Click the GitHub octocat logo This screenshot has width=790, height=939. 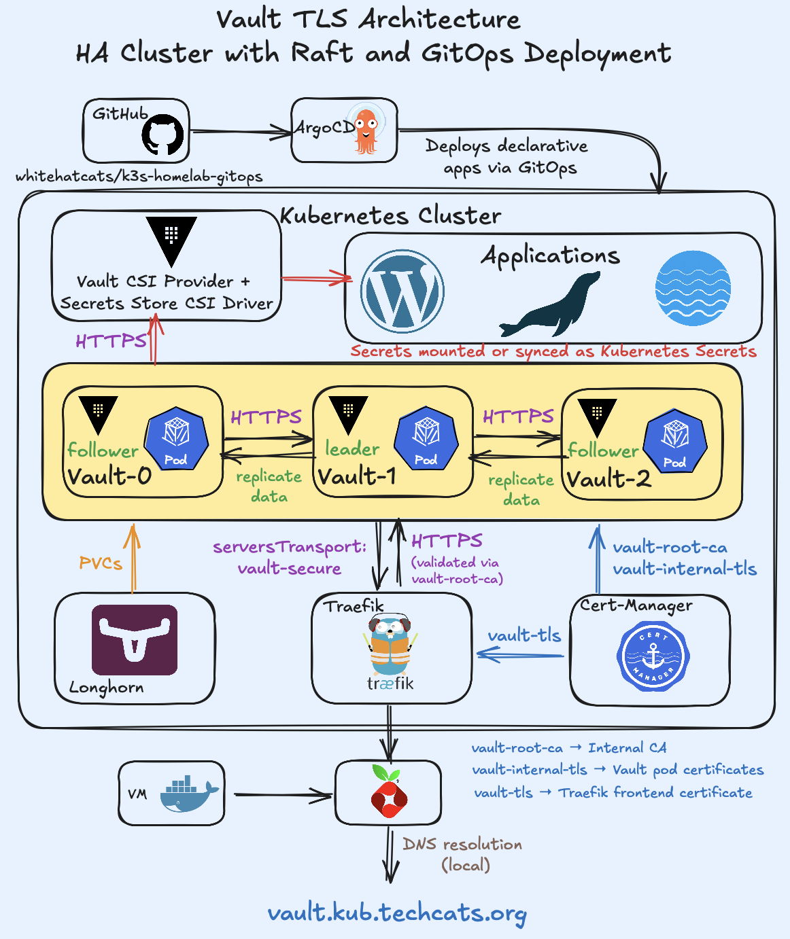point(162,135)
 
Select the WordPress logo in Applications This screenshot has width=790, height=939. point(402,291)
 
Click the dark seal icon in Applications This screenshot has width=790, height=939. point(550,305)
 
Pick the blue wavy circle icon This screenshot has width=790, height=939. point(693,288)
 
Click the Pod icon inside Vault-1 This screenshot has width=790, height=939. point(426,438)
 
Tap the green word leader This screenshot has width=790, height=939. point(352,448)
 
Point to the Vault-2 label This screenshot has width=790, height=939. point(608,479)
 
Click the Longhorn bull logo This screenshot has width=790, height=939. point(135,640)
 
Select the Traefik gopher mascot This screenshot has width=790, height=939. point(390,645)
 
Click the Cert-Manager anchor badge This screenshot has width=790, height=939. point(653,656)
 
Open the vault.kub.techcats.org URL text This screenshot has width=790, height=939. point(397,913)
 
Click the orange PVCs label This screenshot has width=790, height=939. point(101,563)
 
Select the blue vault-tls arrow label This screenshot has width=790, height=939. point(524,635)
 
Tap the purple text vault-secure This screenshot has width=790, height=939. point(289,568)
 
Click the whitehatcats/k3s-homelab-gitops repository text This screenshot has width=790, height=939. point(139,177)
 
